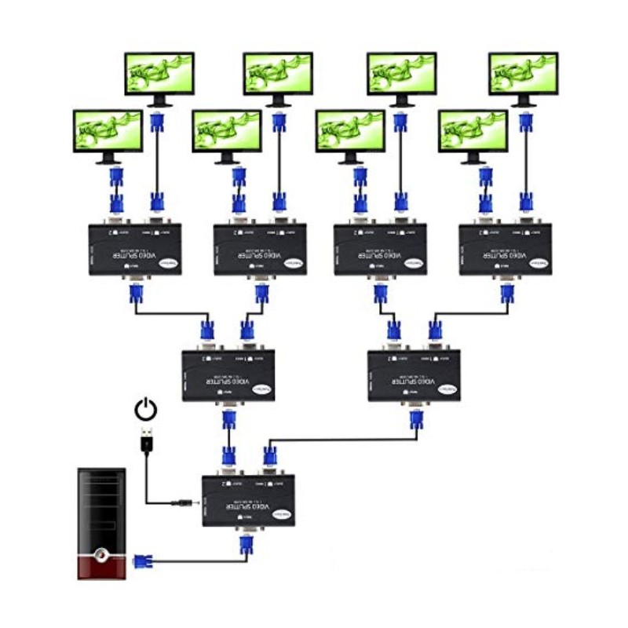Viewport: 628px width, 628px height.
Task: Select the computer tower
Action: (101, 523)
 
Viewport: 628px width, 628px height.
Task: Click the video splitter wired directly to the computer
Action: (249, 500)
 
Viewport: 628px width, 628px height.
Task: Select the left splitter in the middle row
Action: (228, 375)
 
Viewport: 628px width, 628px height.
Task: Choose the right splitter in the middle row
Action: (414, 375)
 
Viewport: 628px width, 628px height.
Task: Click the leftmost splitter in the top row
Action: (135, 249)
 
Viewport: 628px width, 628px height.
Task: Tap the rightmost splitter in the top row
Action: (506, 249)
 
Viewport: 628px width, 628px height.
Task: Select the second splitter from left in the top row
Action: (260, 249)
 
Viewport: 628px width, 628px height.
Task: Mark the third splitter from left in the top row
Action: (381, 249)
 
